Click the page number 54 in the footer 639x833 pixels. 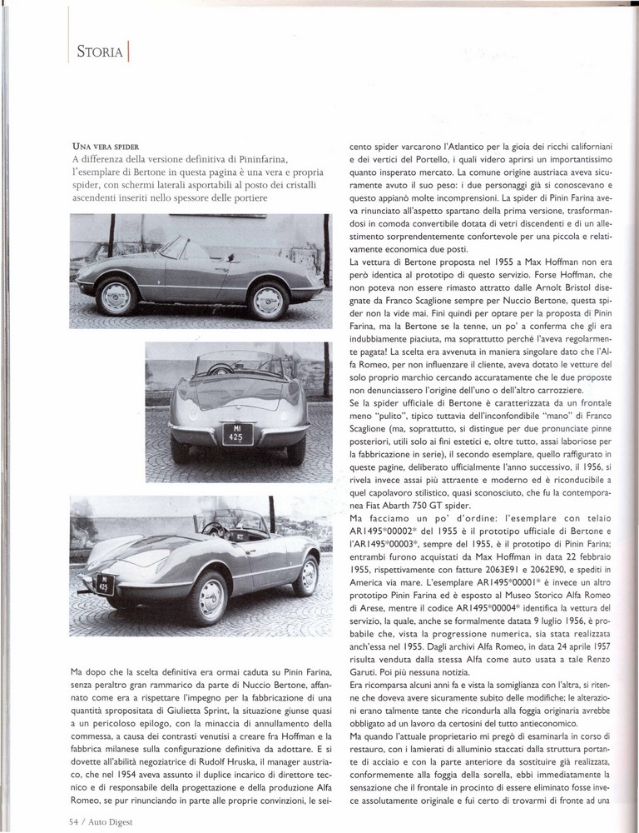74,819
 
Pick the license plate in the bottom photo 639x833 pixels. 106,582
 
